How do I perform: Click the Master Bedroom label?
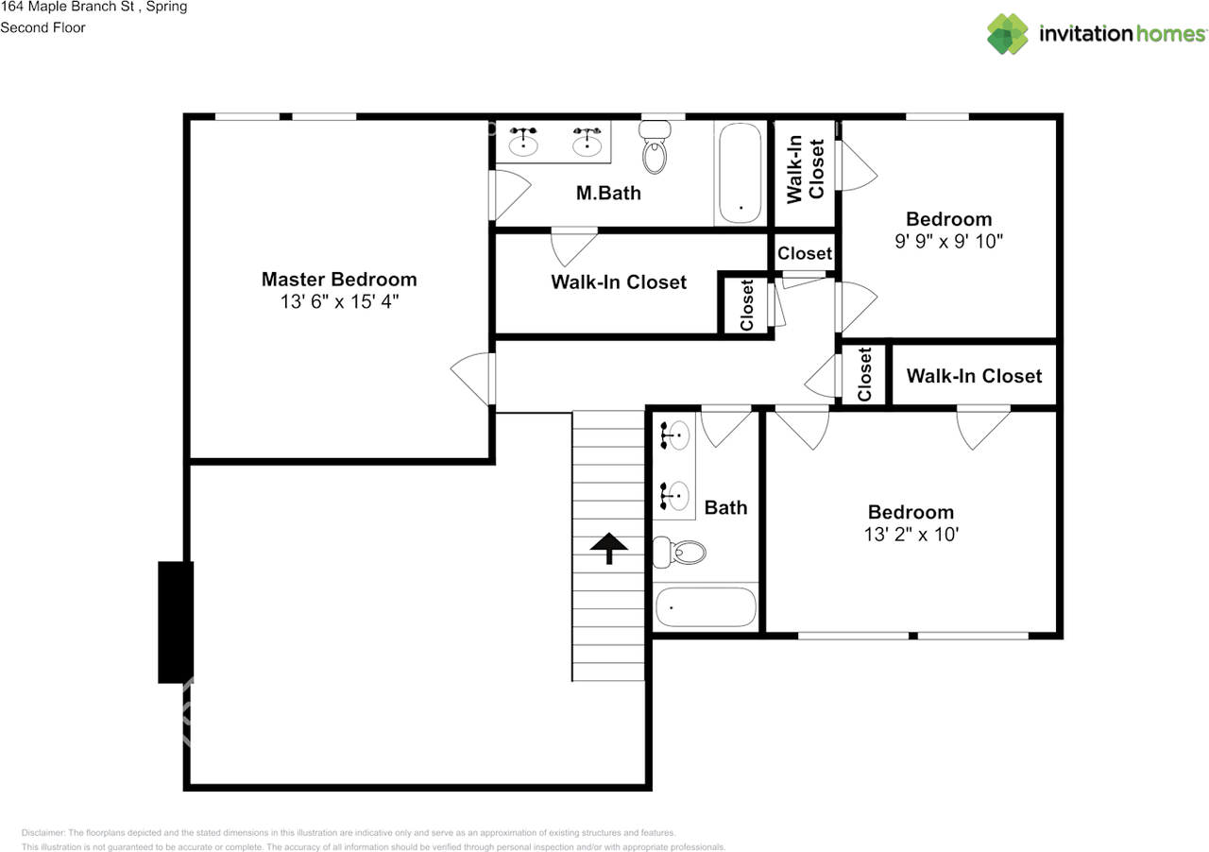click(x=338, y=280)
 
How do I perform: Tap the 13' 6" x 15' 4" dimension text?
click(x=338, y=302)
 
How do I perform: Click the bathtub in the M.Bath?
click(x=740, y=173)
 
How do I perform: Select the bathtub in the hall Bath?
click(x=707, y=607)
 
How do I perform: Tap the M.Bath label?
click(x=608, y=194)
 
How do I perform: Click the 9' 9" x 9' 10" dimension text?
click(x=948, y=242)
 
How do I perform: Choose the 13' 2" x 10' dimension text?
click(x=911, y=535)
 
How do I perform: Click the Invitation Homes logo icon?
click(x=1008, y=34)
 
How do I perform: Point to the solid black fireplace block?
click(x=176, y=622)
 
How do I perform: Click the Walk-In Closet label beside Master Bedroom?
click(x=619, y=282)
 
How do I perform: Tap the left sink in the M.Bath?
click(x=523, y=144)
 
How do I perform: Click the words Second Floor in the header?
click(x=43, y=27)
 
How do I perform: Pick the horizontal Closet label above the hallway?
click(x=805, y=253)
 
